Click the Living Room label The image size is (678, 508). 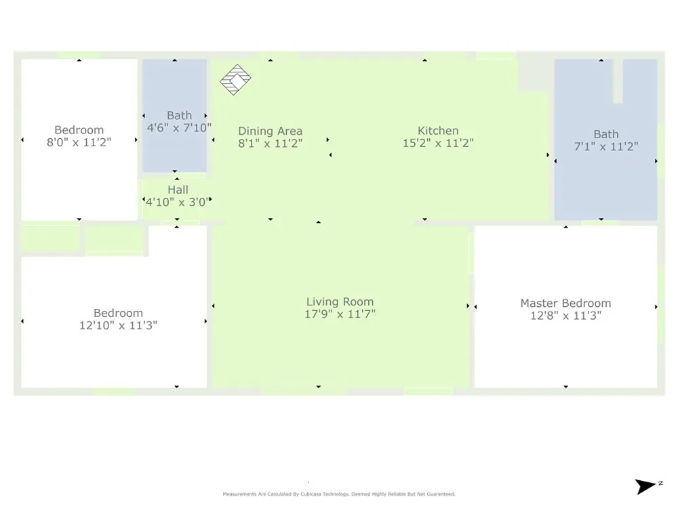pos(340,301)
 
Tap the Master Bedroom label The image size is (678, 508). pos(565,303)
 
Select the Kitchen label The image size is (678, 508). pos(438,131)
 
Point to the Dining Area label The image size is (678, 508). pos(271,131)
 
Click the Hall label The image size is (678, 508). pos(178,190)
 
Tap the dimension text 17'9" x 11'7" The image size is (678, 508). pos(340,314)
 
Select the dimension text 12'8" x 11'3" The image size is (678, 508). pos(565,316)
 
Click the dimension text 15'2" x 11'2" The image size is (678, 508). pos(438,143)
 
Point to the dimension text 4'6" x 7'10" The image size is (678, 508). pos(179,128)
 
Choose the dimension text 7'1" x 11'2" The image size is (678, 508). pos(605,146)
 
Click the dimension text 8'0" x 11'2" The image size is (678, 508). pos(79,142)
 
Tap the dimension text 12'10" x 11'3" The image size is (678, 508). pos(118,325)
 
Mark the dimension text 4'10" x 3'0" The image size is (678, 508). pos(178,202)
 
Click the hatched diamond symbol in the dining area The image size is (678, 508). pos(235,79)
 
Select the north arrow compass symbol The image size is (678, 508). pos(647,486)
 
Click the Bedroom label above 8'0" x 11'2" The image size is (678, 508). pos(79,130)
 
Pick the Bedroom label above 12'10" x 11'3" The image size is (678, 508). pos(118,313)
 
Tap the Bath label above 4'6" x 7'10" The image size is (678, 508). pos(179,116)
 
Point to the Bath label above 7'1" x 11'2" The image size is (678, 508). pos(605,134)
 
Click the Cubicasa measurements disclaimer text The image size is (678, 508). pos(338,494)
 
